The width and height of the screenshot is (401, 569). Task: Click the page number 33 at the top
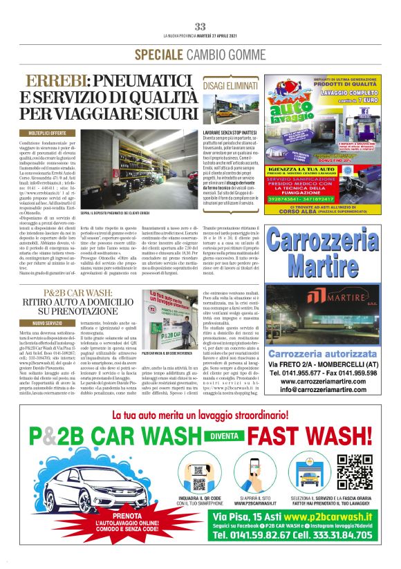coord(200,26)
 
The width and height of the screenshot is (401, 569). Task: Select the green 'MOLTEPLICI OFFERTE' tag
coord(48,132)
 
